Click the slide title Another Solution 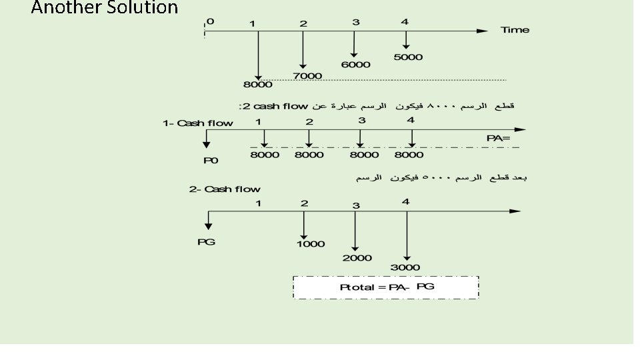point(105,9)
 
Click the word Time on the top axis point(515,30)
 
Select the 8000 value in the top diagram point(257,85)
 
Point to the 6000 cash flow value point(355,65)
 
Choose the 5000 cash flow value point(408,57)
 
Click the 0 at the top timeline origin point(211,21)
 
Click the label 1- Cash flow point(198,123)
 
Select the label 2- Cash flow point(225,189)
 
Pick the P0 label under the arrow point(211,161)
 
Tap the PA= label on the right point(498,138)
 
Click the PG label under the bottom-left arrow point(206,241)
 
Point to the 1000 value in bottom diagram point(311,244)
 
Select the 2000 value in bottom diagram point(357,258)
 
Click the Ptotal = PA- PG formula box point(385,287)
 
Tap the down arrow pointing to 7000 point(303,50)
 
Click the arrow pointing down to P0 point(207,138)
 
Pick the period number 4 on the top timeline point(405,22)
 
